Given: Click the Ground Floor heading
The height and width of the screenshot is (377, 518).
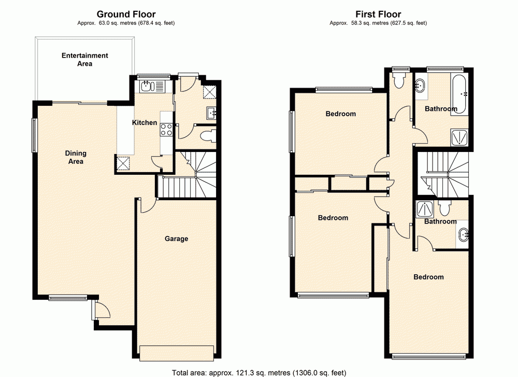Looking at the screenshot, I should click(x=126, y=15).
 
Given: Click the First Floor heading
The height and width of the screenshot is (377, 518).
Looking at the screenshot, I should click(x=378, y=15).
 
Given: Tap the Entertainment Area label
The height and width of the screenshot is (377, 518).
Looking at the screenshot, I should click(x=85, y=60).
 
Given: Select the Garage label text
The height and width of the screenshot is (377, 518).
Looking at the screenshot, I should click(x=176, y=239).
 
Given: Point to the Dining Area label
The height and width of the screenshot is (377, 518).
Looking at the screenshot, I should click(x=76, y=157).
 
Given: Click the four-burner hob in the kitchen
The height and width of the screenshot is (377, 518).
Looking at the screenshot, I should click(x=166, y=130).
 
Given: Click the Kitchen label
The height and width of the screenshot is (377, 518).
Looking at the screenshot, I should click(x=145, y=123).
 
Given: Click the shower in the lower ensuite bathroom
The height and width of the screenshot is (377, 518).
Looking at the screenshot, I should click(x=425, y=210).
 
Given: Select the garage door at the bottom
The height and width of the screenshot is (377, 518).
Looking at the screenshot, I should click(x=176, y=352).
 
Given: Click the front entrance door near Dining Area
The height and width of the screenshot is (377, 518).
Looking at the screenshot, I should click(x=102, y=311).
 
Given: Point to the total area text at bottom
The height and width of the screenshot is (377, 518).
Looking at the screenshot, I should click(x=258, y=372).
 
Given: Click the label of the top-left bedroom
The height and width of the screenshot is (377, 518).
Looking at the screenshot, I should click(x=340, y=114).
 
